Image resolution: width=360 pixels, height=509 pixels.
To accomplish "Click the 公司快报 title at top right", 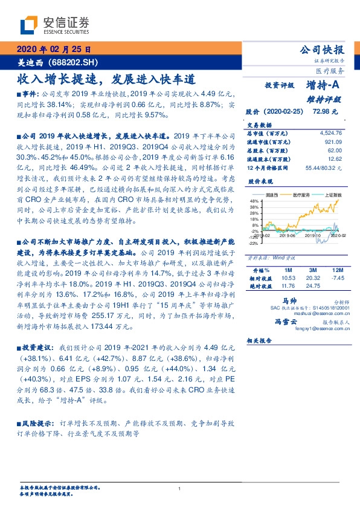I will pos(323,50).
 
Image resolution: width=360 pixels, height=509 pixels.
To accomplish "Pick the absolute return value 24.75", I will pos(314,286).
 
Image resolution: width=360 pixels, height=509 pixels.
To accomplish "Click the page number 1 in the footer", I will pos(180,489).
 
